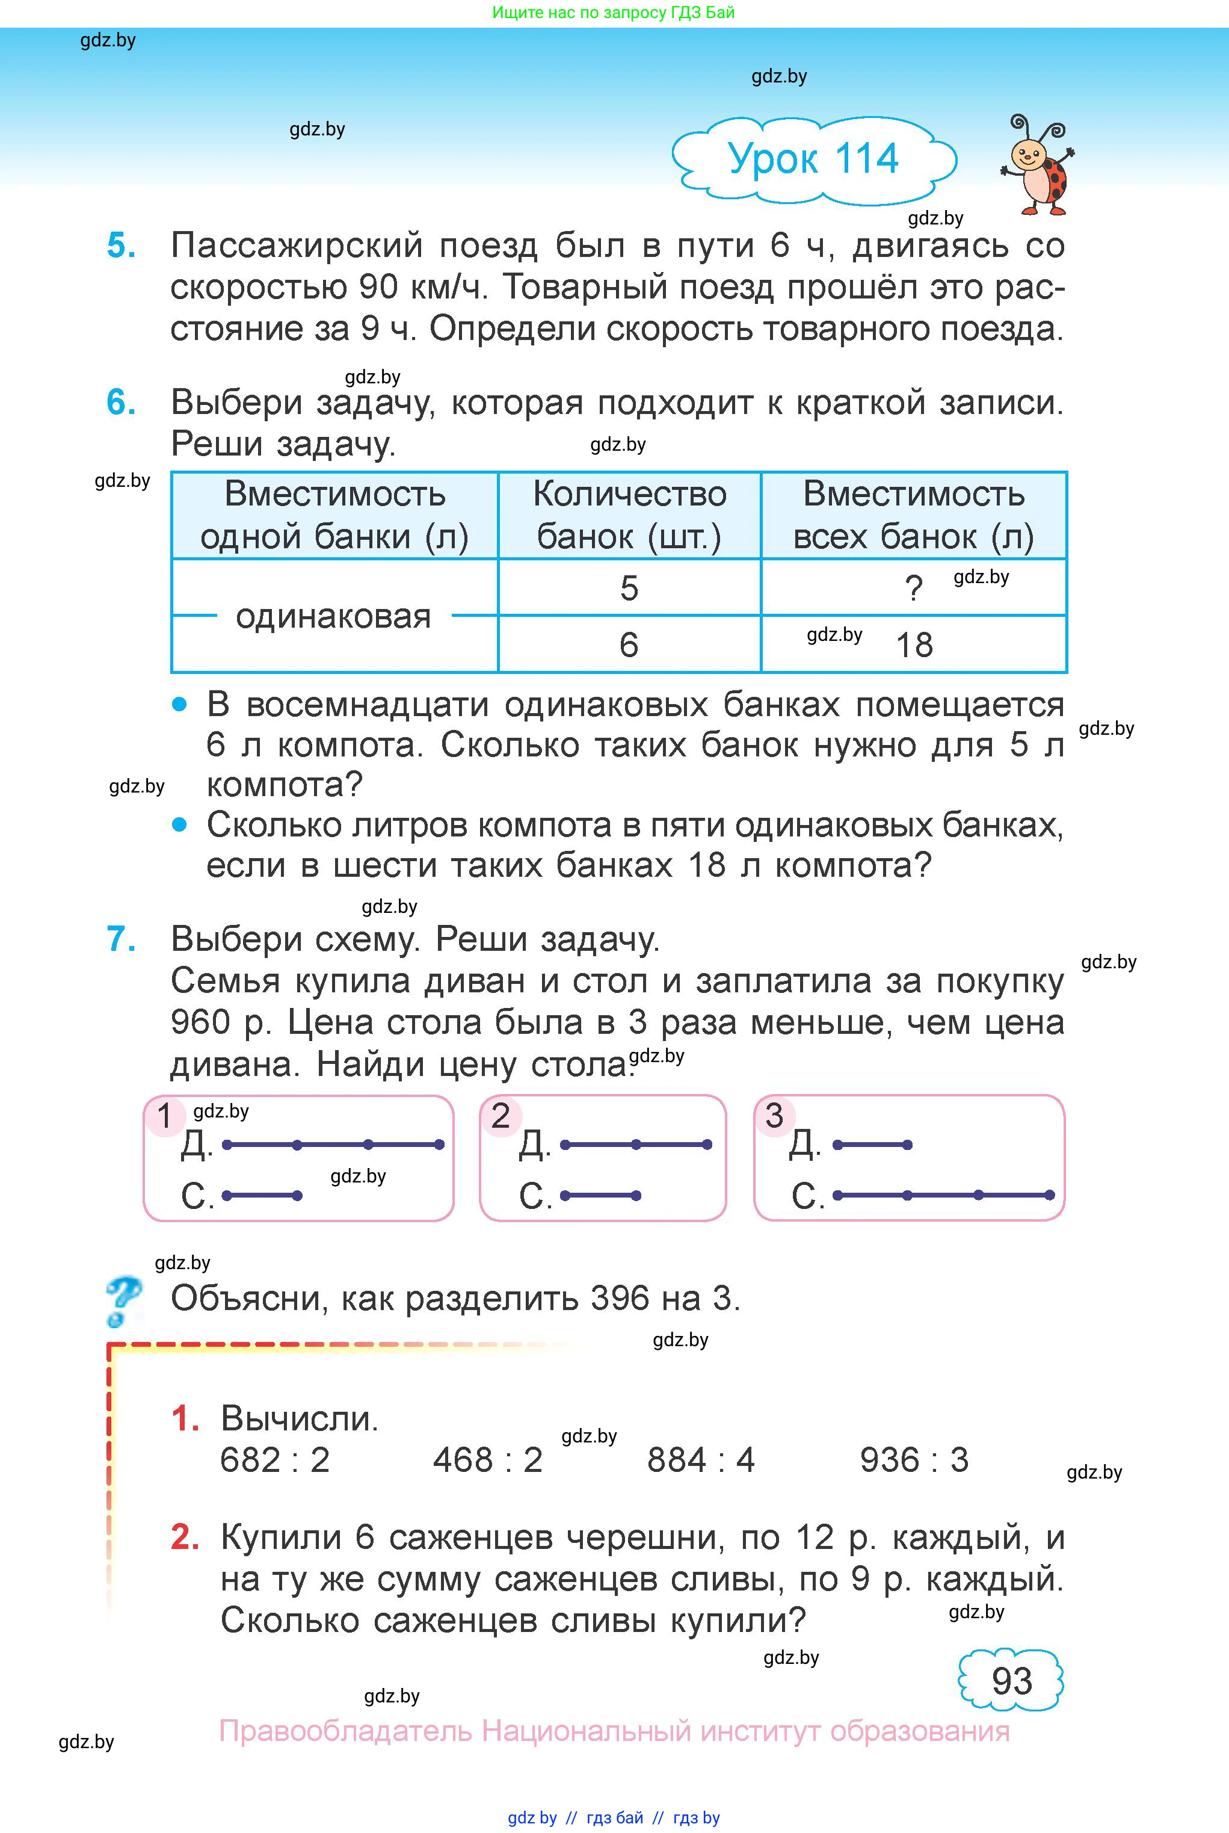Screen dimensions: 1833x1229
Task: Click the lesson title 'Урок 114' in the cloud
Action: [x=813, y=159]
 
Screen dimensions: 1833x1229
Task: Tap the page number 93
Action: [x=1011, y=1680]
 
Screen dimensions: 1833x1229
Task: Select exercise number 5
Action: [x=121, y=246]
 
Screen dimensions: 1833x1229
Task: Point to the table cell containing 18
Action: [x=914, y=645]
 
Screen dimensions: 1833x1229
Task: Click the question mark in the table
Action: [x=913, y=588]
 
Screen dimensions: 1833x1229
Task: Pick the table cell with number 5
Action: [x=629, y=588]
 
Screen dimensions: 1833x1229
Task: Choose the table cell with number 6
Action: [x=629, y=645]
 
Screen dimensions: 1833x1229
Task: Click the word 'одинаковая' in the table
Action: [x=333, y=617]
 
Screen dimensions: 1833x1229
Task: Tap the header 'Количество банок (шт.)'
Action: [x=629, y=515]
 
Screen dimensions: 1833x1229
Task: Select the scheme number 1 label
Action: [x=164, y=1116]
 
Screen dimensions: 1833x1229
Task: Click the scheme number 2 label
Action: [x=500, y=1116]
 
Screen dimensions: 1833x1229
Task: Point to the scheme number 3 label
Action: [x=774, y=1116]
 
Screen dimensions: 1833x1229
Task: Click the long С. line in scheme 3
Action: [x=943, y=1195]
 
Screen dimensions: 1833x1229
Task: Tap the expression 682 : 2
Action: [x=274, y=1460]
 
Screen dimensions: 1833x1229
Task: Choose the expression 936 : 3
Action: [x=914, y=1460]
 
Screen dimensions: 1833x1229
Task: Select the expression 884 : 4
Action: [x=701, y=1460]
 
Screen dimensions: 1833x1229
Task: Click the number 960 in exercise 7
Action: [x=200, y=1022]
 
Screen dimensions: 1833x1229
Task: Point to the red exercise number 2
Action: [x=185, y=1538]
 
